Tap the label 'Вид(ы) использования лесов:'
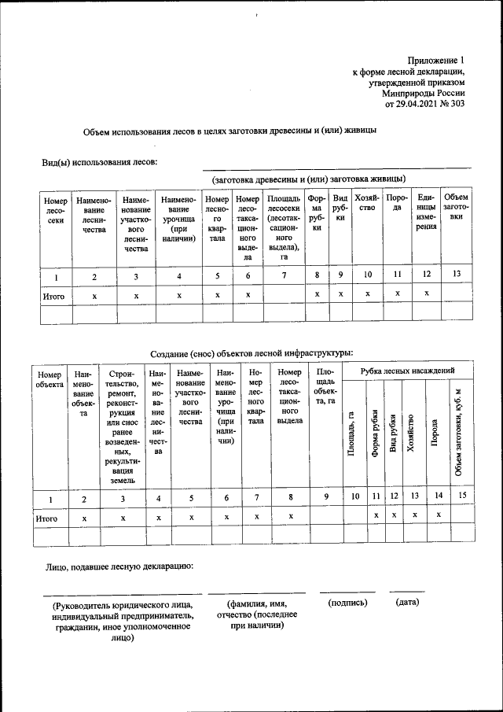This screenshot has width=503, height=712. pos(100,162)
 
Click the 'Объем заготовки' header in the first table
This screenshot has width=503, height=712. pos(456,206)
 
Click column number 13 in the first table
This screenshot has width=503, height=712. pos(456,275)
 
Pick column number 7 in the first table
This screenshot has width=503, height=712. pos(285,275)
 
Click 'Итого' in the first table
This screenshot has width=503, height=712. pos(53,297)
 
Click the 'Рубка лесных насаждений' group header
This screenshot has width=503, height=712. pos(407,370)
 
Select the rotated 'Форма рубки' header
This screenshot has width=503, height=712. pos(376,432)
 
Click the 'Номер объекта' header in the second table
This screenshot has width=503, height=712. pos(49,381)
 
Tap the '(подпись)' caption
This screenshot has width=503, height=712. pos(347,602)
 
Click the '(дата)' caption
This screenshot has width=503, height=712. pos(407,602)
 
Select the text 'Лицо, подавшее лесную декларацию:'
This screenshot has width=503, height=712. pos(119,566)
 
